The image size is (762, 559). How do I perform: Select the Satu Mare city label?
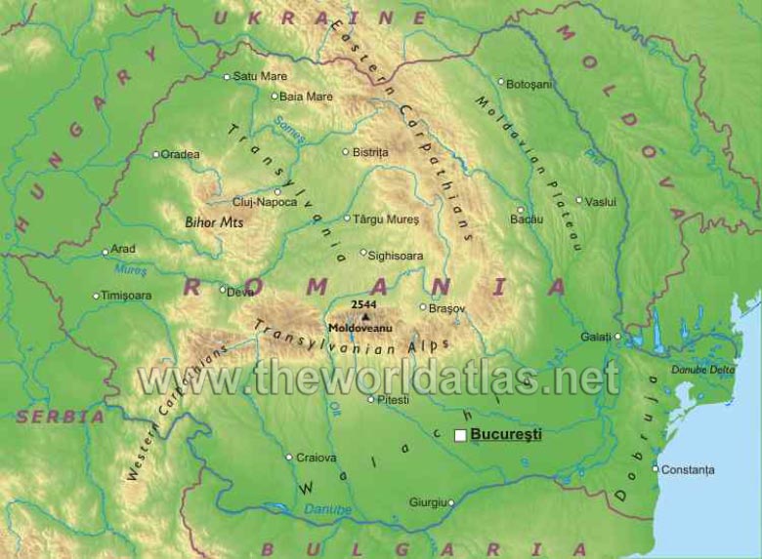click(260, 76)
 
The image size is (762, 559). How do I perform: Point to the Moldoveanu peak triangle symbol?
click(365, 317)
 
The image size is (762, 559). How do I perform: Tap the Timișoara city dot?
click(96, 296)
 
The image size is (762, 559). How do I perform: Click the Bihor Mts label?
click(214, 222)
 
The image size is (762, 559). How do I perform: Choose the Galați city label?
click(595, 337)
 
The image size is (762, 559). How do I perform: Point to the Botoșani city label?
click(530, 84)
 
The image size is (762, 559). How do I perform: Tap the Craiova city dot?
click(289, 457)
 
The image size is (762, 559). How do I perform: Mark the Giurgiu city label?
click(427, 502)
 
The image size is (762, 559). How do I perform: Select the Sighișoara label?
click(397, 255)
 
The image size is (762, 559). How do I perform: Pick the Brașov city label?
click(448, 307)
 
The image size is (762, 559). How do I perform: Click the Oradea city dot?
click(155, 154)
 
